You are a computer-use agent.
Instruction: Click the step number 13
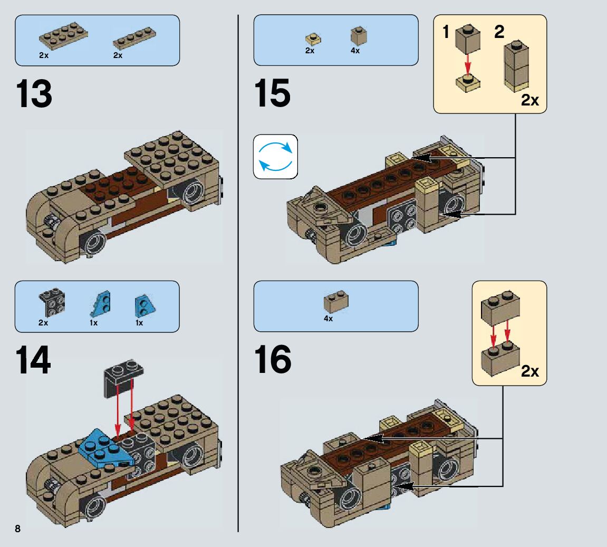(34, 94)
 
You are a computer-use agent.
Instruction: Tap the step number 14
(33, 360)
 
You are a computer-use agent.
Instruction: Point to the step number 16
(273, 359)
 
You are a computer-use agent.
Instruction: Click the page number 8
(17, 529)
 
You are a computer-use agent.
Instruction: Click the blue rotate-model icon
(275, 157)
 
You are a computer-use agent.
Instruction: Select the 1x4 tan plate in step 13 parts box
(134, 38)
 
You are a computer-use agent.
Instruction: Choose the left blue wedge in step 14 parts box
(101, 304)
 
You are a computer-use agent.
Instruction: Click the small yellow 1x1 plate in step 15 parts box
(313, 39)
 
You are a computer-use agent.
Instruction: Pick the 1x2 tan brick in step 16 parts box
(336, 302)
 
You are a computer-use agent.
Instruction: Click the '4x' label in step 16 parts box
(328, 319)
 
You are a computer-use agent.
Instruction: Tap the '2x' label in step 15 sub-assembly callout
(530, 100)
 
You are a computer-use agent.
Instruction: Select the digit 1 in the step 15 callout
(446, 32)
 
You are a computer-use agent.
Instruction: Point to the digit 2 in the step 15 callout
(499, 32)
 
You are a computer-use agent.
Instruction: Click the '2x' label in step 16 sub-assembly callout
(530, 371)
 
